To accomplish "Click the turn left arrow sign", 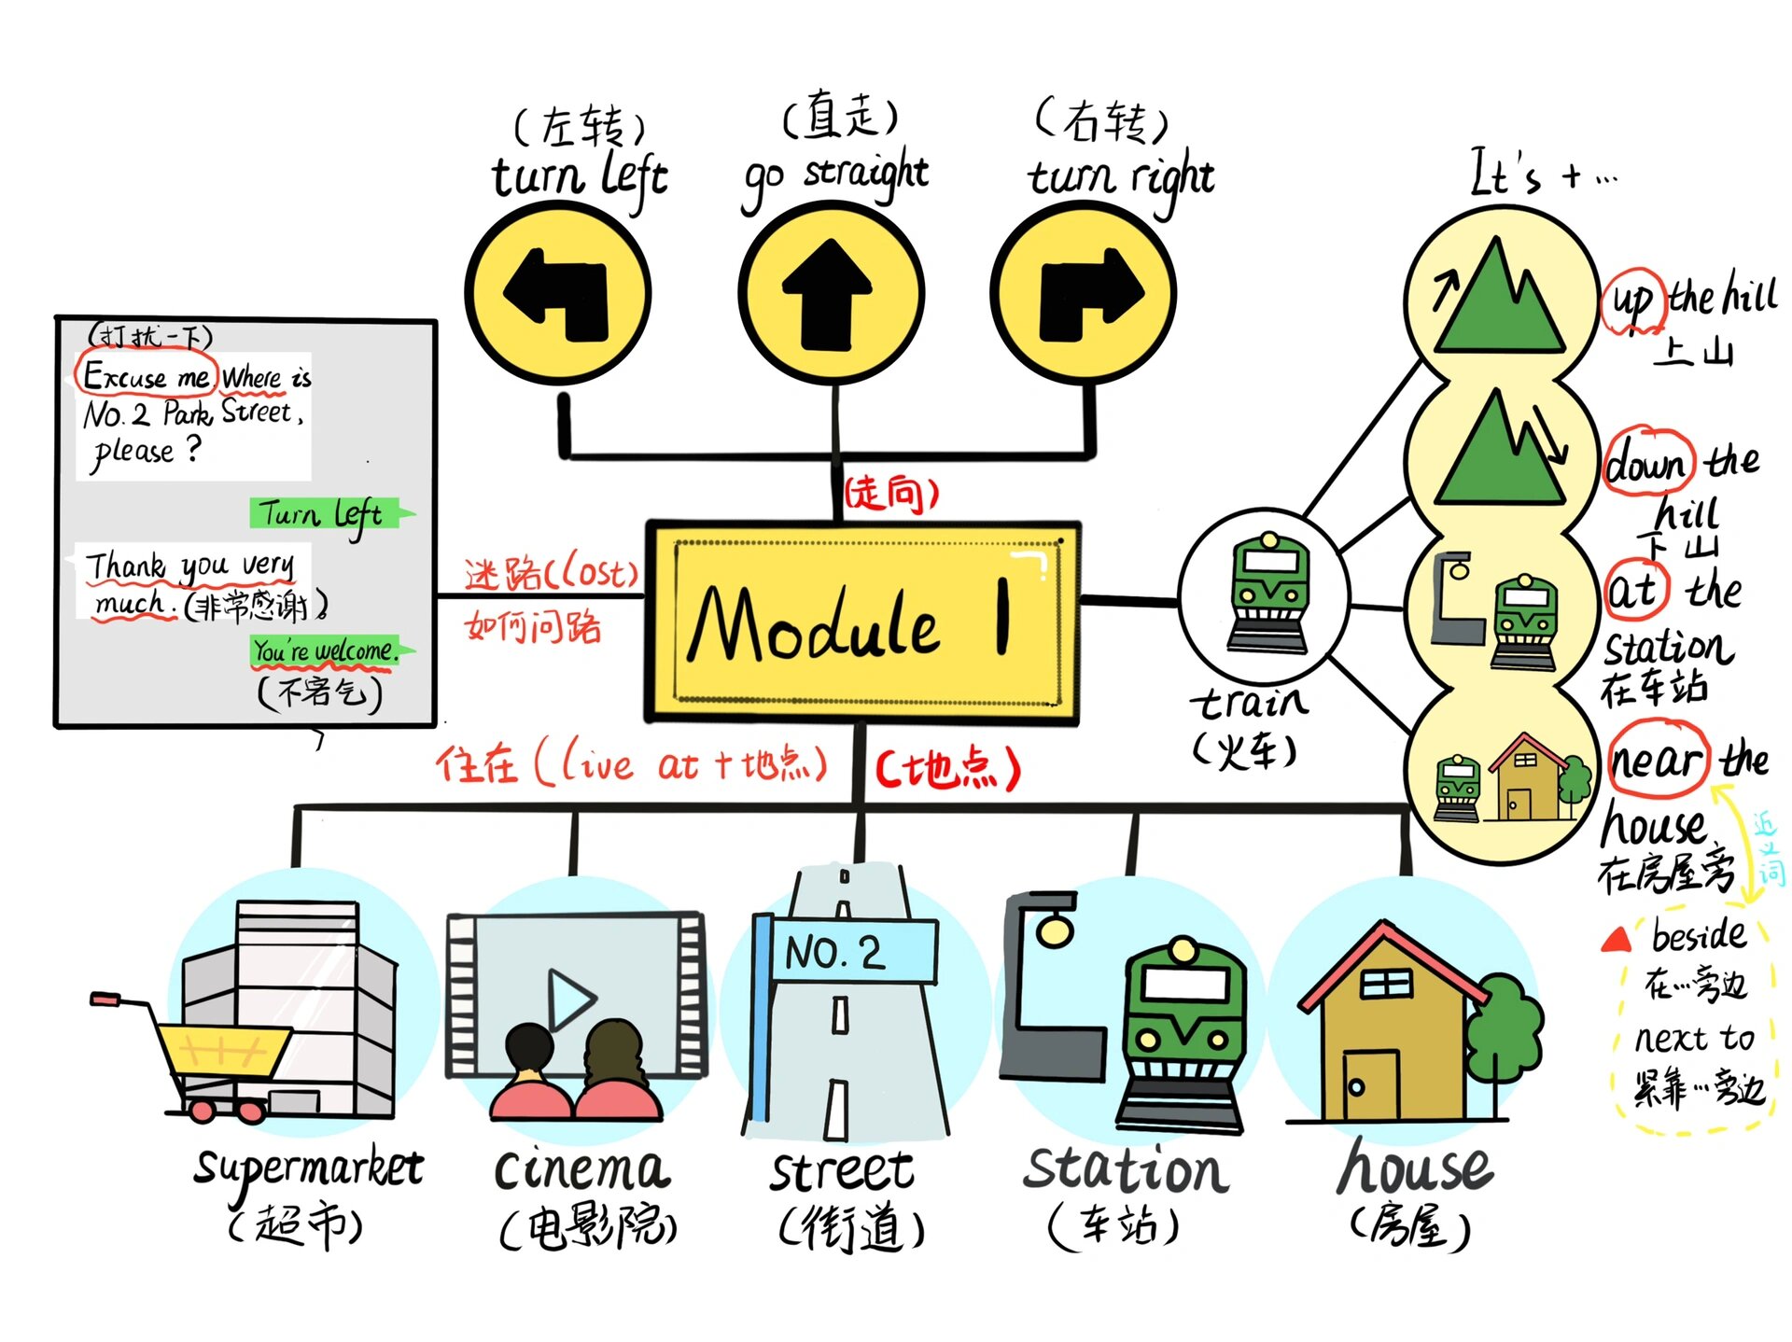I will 558,293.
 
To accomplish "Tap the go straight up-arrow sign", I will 830,293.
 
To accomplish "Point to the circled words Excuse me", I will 147,375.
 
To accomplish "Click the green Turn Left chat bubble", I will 323,514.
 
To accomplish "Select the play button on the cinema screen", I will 569,999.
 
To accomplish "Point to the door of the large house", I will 1370,1086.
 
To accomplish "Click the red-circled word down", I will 1648,462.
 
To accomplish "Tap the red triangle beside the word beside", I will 1616,939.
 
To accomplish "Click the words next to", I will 1694,1038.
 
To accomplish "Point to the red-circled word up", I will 1632,301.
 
